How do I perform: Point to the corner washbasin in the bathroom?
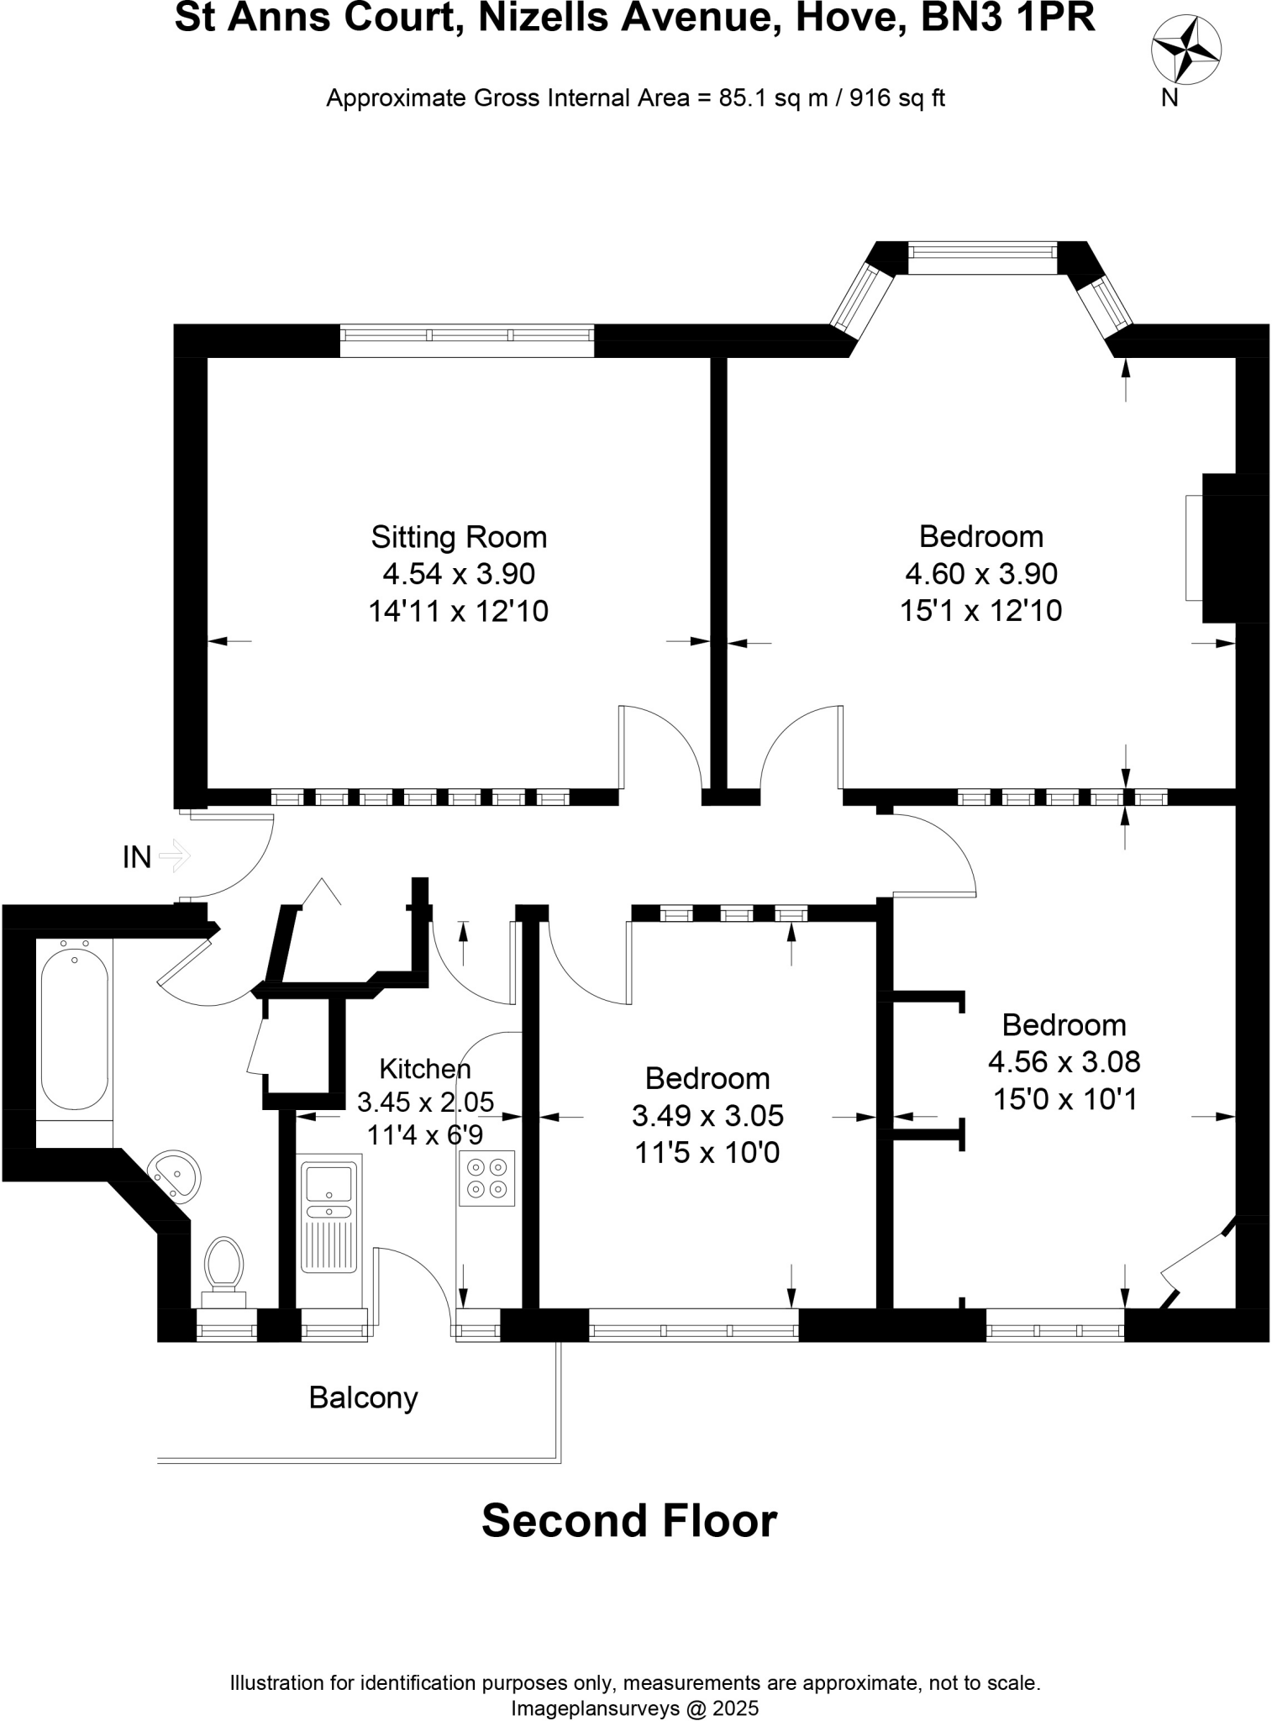[x=175, y=1173]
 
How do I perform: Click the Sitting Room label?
[x=459, y=536]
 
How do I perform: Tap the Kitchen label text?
[x=425, y=1069]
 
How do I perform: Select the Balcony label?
[x=363, y=1397]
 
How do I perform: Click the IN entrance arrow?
[x=175, y=857]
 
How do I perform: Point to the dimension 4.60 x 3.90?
[x=980, y=574]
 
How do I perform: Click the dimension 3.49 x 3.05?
[x=707, y=1115]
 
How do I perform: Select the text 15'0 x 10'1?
[x=1064, y=1098]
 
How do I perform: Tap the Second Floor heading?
[x=629, y=1520]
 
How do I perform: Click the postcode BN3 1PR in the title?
[x=1008, y=18]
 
